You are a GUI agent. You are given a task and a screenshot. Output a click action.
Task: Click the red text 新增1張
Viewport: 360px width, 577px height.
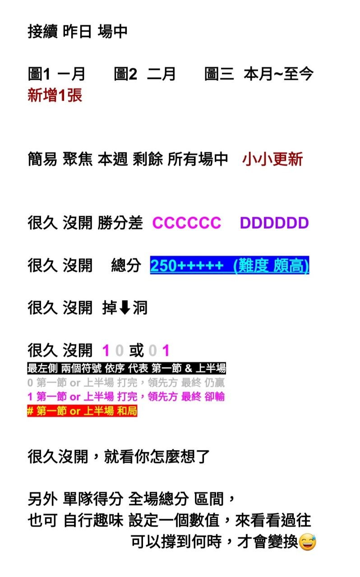[x=55, y=95]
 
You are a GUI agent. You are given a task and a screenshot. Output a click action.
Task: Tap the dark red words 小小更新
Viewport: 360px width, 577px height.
[x=272, y=159]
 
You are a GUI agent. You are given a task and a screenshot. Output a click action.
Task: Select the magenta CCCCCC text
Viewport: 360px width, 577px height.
[x=187, y=223]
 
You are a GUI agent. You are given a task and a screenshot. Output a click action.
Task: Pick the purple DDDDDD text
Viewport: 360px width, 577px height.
[x=274, y=223]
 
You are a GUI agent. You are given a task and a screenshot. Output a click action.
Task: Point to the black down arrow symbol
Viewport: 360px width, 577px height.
[x=125, y=308]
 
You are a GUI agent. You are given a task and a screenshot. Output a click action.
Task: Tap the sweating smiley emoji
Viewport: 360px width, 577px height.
[x=307, y=542]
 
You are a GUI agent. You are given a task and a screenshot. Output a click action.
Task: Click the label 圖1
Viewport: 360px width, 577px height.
[x=39, y=74]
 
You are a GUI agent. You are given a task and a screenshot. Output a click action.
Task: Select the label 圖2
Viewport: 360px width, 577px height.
[x=125, y=74]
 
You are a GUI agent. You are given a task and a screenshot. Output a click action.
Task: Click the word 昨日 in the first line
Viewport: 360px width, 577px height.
[x=77, y=32]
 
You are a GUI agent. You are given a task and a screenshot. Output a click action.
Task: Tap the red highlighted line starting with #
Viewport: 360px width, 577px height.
[x=82, y=411]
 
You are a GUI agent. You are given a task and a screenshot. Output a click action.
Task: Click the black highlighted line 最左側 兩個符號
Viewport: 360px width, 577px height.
[x=126, y=368]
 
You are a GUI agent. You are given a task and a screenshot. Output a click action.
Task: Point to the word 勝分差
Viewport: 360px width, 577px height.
[x=120, y=223]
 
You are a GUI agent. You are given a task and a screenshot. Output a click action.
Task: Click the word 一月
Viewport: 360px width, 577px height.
[x=72, y=74]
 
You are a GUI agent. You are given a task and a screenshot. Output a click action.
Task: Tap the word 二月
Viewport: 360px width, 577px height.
[x=162, y=74]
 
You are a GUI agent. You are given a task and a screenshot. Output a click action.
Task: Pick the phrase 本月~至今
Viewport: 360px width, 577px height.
[x=278, y=74]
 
